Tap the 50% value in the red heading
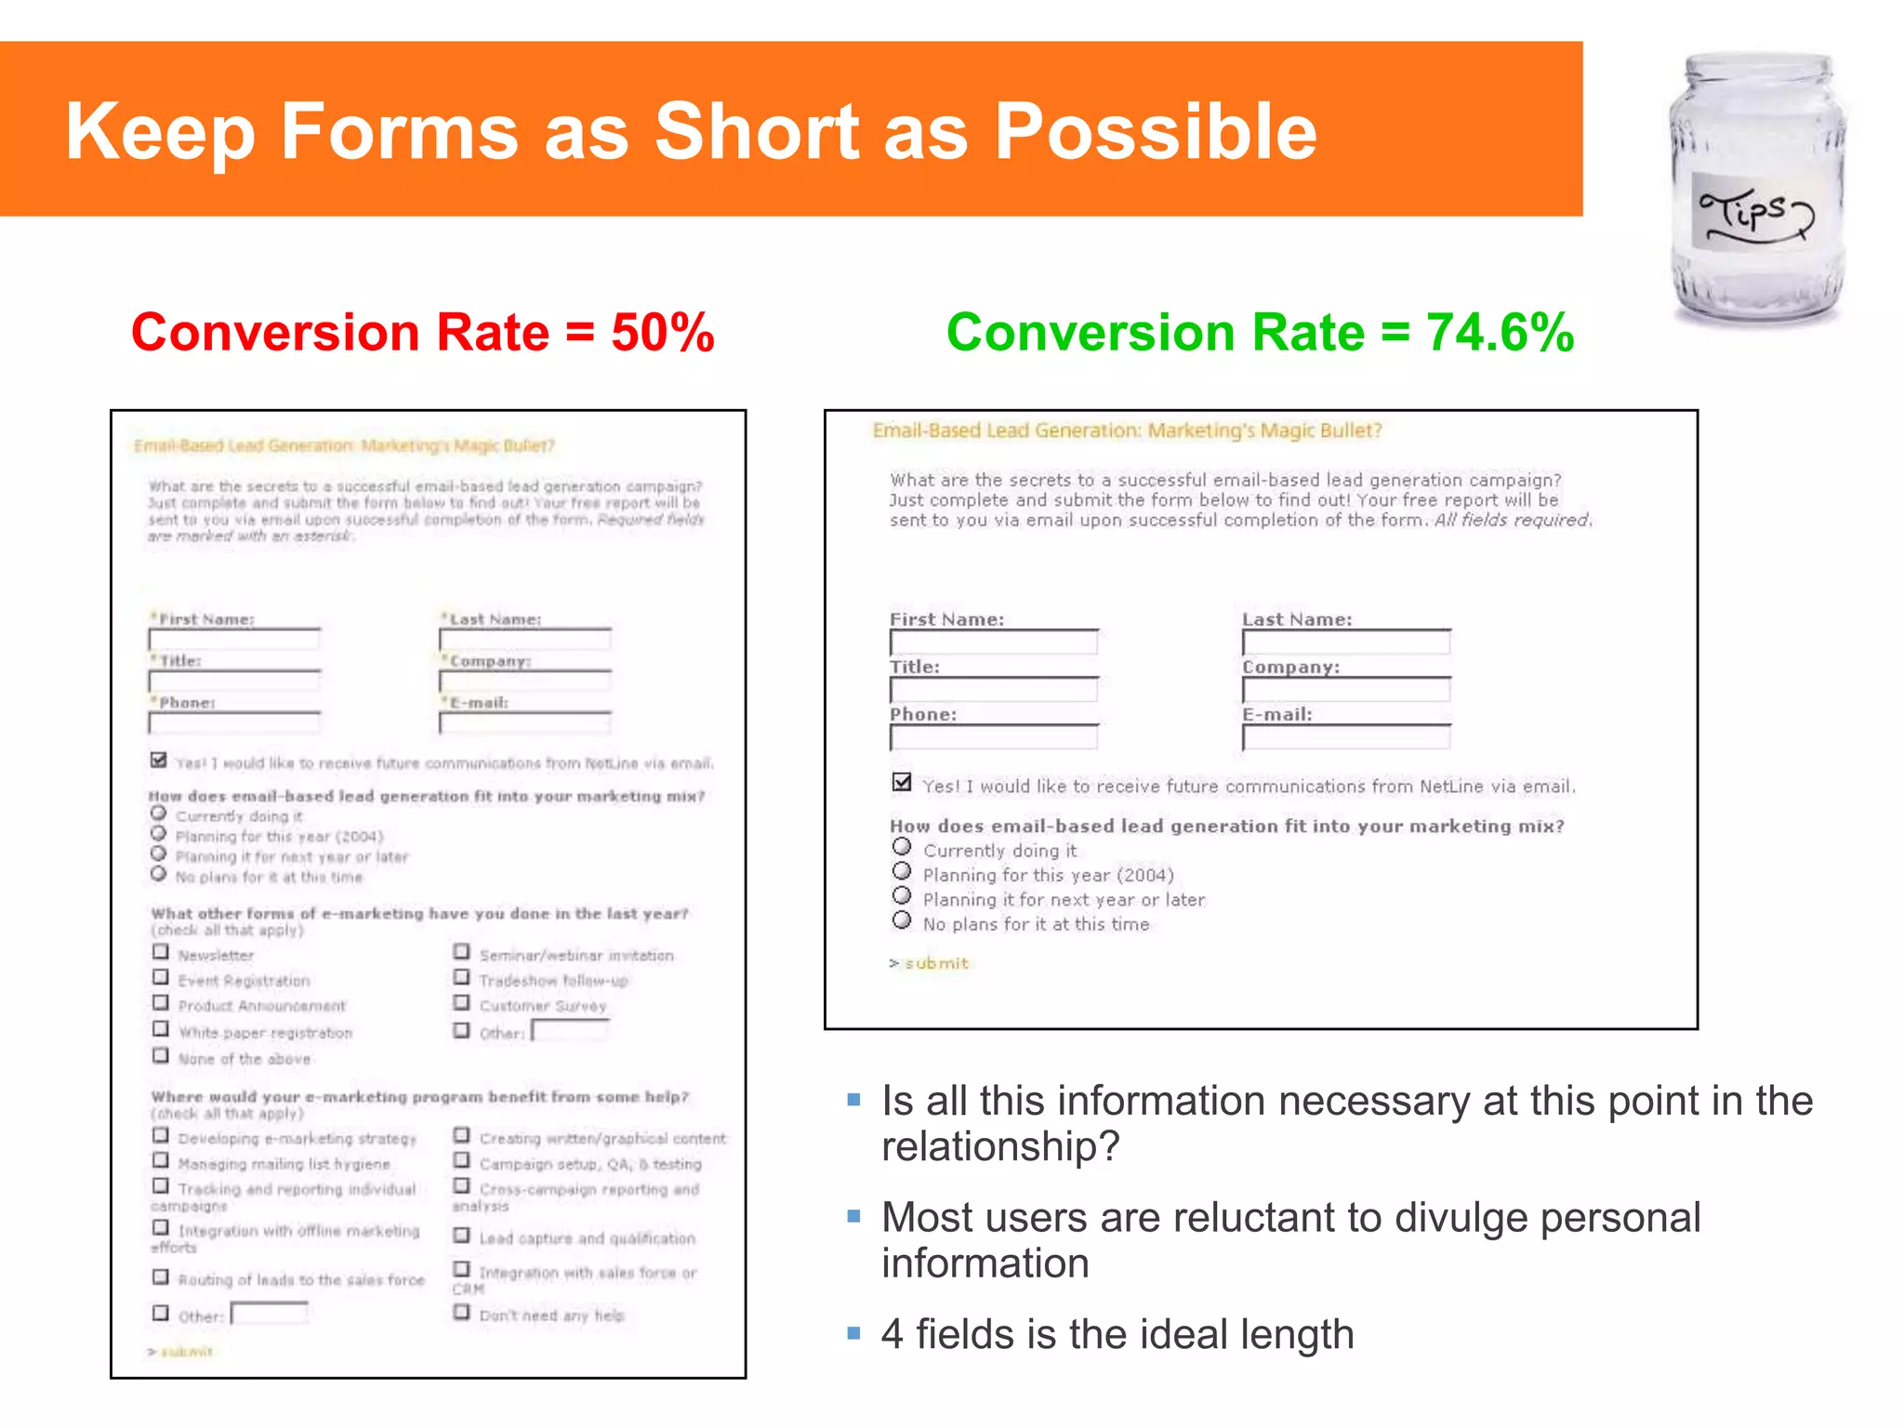tap(662, 333)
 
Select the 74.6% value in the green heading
tap(1500, 333)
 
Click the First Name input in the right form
tap(993, 642)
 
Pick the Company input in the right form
tap(1345, 690)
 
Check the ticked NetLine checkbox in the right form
tap(901, 782)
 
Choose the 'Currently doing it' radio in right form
tap(901, 847)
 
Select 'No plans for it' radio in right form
tap(901, 920)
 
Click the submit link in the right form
tap(935, 963)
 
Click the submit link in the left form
tap(186, 1352)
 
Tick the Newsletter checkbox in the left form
tap(161, 952)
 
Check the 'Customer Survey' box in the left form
tap(461, 1002)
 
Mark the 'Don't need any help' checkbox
tap(461, 1312)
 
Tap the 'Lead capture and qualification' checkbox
tap(461, 1235)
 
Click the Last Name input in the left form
tap(524, 640)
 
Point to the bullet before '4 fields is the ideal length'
tap(853, 1333)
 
